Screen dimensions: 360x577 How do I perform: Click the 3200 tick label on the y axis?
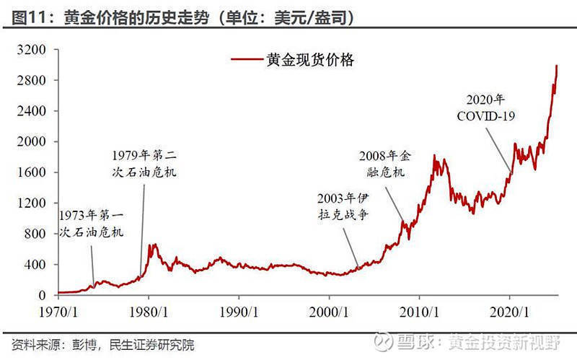point(34,50)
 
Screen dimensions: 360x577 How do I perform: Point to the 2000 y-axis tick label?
point(34,142)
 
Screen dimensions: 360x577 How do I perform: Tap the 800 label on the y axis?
point(37,234)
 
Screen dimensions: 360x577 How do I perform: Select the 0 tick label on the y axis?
point(43,295)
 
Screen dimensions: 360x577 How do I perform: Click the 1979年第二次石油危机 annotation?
point(144,164)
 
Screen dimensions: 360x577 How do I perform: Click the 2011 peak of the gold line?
point(435,155)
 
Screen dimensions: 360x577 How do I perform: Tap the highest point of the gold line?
point(557,66)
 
